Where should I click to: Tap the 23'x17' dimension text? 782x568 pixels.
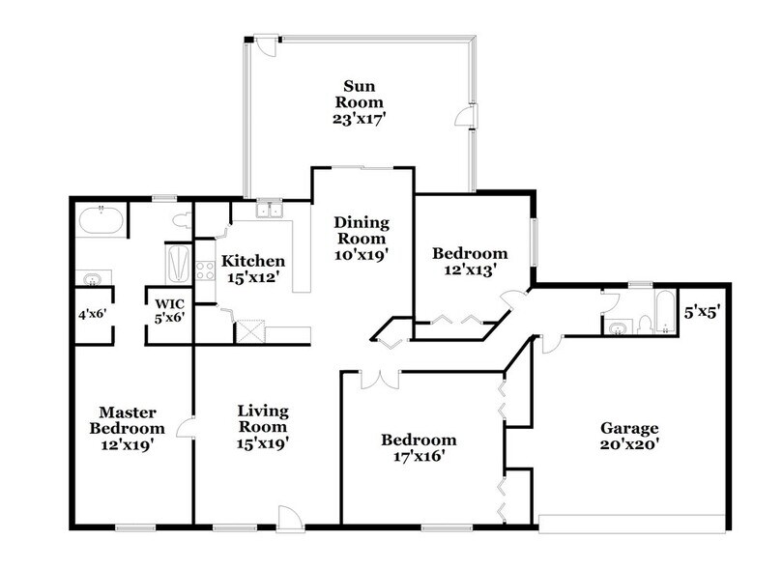(x=360, y=120)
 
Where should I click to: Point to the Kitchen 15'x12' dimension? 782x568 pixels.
(x=252, y=278)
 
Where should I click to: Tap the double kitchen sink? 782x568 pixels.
(x=268, y=210)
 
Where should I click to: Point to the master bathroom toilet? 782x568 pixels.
(x=181, y=221)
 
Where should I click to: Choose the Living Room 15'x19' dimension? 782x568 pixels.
(x=263, y=443)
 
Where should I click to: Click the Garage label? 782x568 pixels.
(x=629, y=428)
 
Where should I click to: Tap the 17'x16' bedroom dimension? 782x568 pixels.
(x=419, y=457)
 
